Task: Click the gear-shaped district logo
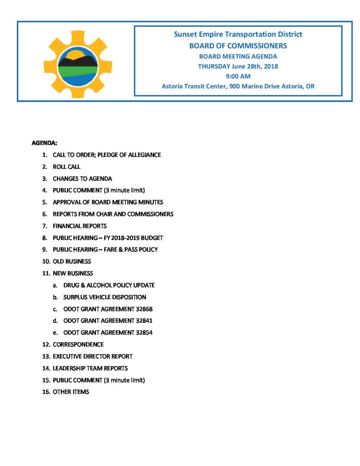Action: [x=77, y=64]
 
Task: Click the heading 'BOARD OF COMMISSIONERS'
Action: [x=238, y=46]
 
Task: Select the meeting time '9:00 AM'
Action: [x=238, y=76]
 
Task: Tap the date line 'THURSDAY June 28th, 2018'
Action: [x=238, y=66]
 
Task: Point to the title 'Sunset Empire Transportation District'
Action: [x=238, y=35]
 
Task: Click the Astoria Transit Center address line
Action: [x=238, y=86]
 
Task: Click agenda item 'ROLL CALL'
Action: [x=66, y=167]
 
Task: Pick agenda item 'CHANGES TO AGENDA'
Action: [x=82, y=179]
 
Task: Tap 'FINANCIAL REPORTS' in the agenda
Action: [x=80, y=226]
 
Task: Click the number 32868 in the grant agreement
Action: [x=144, y=309]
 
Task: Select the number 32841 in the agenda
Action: [x=144, y=321]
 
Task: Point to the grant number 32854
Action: [x=144, y=333]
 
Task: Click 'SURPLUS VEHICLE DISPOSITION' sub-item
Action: [x=105, y=297]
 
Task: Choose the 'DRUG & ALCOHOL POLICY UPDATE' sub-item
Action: [x=109, y=285]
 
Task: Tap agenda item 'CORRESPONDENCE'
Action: [x=78, y=344]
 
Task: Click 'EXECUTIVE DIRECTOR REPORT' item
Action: [x=93, y=356]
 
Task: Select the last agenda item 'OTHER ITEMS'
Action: [x=71, y=392]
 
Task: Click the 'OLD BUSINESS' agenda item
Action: [x=72, y=262]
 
